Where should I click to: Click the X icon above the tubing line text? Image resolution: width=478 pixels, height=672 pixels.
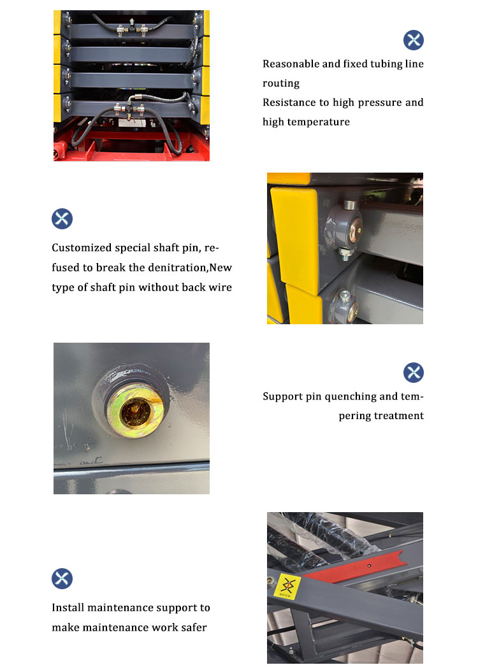[414, 40]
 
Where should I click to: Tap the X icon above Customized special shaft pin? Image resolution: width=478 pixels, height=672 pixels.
[62, 218]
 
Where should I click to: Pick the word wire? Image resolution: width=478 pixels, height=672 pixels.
[219, 287]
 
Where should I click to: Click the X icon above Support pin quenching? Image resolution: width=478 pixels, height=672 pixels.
[414, 373]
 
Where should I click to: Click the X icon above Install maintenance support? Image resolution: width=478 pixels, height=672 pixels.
[62, 579]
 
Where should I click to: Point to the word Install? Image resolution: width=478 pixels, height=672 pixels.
[68, 608]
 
